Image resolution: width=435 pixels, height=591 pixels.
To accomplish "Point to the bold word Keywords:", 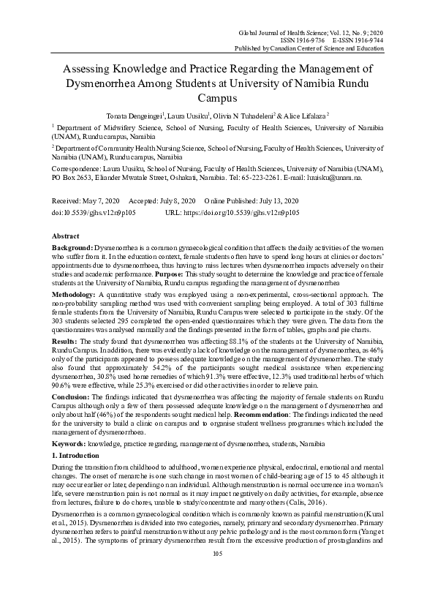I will coord(72,443).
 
